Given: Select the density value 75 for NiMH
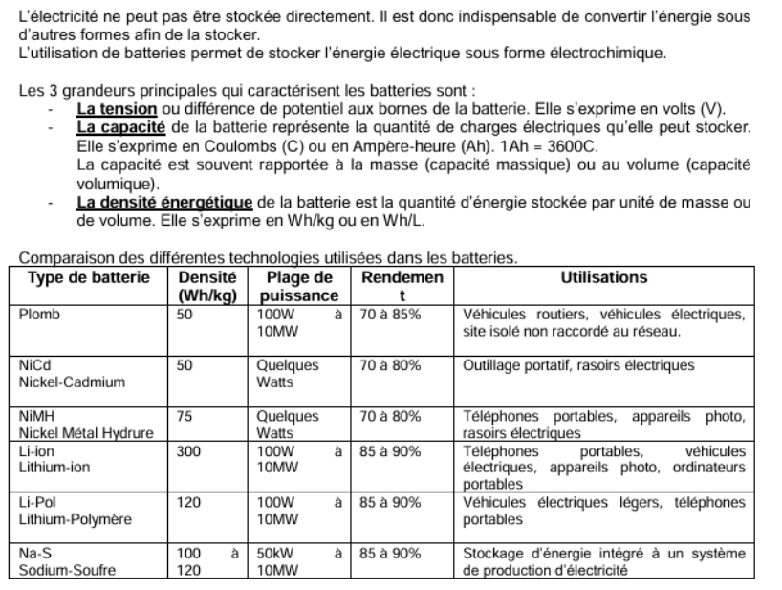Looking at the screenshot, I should point(185,416).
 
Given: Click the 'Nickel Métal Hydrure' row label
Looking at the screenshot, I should point(86,433).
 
